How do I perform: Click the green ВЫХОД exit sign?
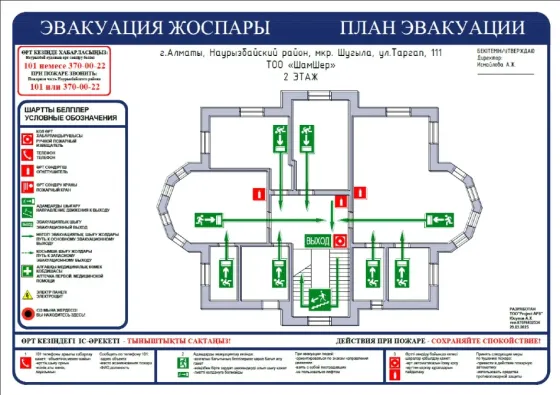[317, 240]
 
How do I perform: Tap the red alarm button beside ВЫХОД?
[340, 240]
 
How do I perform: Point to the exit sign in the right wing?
[437, 216]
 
